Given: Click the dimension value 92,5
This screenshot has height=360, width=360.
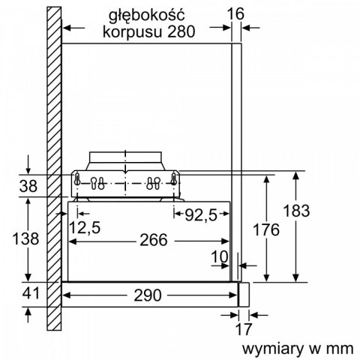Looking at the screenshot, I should (202, 214).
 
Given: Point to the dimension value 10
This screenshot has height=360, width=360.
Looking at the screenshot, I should (218, 258).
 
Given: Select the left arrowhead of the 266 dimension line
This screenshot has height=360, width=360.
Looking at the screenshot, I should (73, 241).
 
